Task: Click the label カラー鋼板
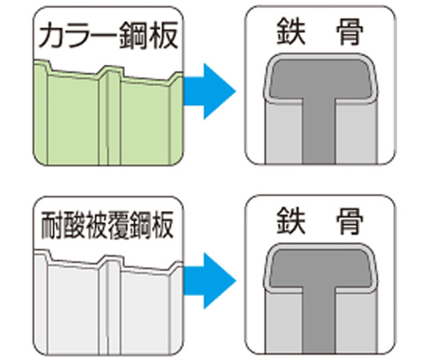pos(108,36)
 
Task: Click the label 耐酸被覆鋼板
pos(107,226)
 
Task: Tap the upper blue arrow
pos(210,91)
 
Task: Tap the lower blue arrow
pos(210,281)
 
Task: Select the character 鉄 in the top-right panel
pos(291,31)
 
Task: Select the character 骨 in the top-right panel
pos(350,31)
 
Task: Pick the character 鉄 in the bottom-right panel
pos(291,221)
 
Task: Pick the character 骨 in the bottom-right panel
pos(350,221)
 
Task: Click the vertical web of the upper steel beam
pos(319,131)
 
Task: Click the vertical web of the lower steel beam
pos(319,321)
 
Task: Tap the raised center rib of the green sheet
pos(110,116)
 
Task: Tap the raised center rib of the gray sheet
pos(110,306)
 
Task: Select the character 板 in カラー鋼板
pos(163,36)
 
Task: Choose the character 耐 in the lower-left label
pos(52,226)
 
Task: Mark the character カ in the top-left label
pos(51,37)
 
